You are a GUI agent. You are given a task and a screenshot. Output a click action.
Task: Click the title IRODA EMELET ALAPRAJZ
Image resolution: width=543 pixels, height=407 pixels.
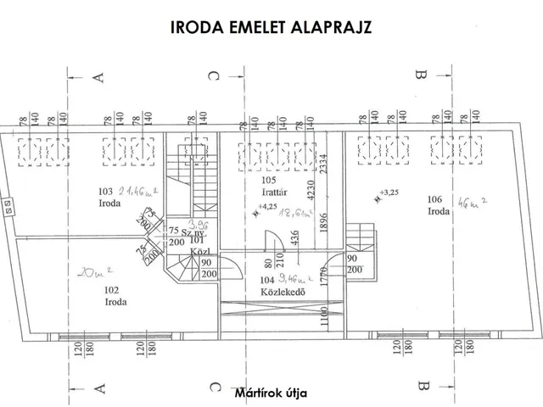271,27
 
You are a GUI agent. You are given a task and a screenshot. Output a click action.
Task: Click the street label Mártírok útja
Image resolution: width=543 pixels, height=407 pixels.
271,394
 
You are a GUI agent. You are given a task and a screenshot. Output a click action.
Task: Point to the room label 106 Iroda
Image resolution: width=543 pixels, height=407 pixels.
439,204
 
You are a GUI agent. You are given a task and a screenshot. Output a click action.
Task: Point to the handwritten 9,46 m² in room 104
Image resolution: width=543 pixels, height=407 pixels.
297,276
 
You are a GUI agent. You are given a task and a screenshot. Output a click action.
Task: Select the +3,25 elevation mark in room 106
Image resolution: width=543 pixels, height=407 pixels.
389,192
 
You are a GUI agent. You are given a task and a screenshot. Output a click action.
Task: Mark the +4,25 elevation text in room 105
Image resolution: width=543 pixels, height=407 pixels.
266,206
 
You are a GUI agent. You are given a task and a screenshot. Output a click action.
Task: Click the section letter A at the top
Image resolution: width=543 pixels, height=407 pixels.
98,77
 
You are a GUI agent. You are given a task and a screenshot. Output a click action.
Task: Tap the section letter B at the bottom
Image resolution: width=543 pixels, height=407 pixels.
419,387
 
